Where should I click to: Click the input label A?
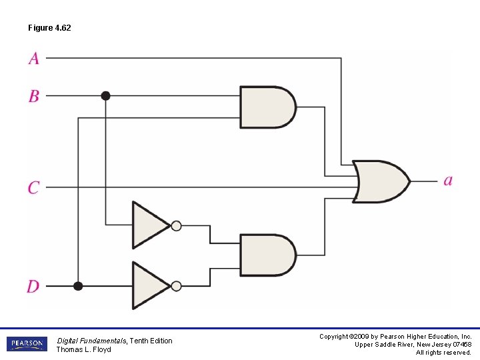click(34, 59)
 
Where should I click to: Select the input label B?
click(34, 96)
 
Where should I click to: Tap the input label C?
click(33, 187)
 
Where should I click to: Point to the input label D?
click(33, 287)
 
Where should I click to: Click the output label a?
click(448, 181)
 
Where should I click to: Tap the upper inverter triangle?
click(150, 225)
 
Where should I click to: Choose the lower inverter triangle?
click(150, 286)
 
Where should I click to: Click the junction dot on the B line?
click(105, 96)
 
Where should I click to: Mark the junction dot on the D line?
click(78, 287)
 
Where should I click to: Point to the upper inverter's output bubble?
click(176, 225)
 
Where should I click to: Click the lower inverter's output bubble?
click(176, 286)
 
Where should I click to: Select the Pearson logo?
click(27, 345)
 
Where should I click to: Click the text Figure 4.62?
click(49, 28)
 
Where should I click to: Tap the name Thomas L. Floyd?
click(83, 349)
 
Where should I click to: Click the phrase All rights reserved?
click(443, 353)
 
